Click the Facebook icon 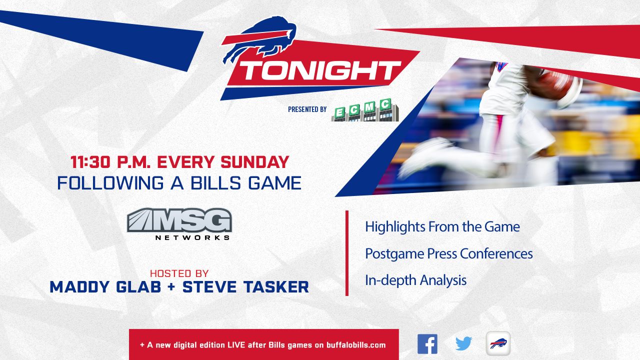[427, 344]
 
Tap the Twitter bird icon [463, 343]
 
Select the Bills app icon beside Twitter [498, 343]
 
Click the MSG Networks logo [179, 224]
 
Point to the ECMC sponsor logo [365, 110]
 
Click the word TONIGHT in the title [320, 70]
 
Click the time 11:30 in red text [90, 162]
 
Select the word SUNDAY [255, 162]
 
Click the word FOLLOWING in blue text [110, 183]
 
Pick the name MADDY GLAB [105, 287]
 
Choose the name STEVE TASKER [245, 287]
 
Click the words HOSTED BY [179, 273]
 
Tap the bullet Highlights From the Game [442, 227]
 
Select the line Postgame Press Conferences [449, 253]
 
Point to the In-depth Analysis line [415, 280]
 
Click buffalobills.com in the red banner [356, 345]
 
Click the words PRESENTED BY [307, 109]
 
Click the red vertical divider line [347, 253]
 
